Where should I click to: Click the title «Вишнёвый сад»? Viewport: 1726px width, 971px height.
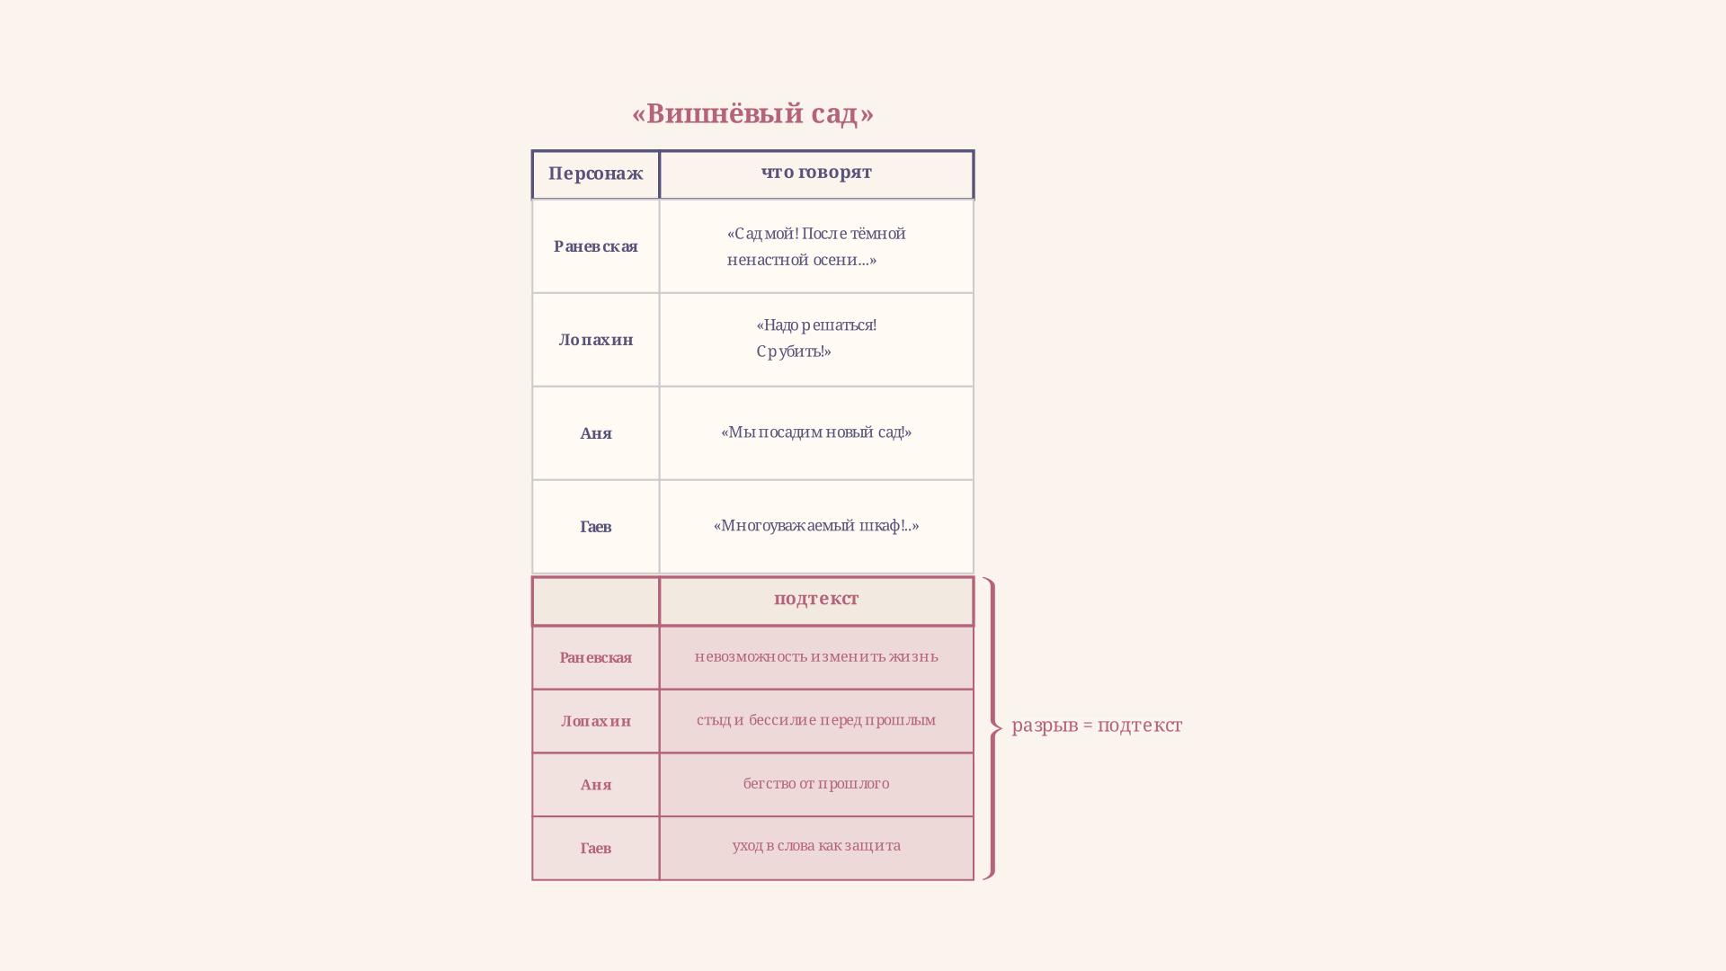click(x=752, y=114)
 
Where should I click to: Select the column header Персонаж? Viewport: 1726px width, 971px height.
click(x=596, y=174)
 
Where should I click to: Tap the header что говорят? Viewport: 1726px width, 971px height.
click(x=816, y=172)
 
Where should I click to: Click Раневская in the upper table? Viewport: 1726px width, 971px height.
click(x=596, y=246)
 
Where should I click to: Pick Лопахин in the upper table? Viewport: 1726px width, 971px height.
click(x=596, y=340)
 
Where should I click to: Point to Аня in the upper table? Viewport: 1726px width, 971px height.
click(x=596, y=433)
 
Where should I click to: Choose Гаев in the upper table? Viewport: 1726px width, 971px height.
click(x=596, y=527)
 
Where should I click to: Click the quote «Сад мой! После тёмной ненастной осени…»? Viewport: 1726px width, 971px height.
click(x=816, y=246)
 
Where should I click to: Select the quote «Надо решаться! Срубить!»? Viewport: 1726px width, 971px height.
click(x=816, y=338)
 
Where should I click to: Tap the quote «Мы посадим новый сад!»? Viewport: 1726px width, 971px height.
click(x=816, y=432)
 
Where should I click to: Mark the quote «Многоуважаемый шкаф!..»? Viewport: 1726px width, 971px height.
click(x=816, y=526)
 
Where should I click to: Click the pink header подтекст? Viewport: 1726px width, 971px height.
click(x=816, y=599)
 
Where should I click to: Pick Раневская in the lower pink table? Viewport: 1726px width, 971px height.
click(x=596, y=658)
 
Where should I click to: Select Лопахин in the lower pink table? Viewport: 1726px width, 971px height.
click(x=596, y=721)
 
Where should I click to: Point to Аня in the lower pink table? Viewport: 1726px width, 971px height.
click(x=596, y=785)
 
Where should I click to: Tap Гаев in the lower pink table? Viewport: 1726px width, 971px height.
click(x=596, y=849)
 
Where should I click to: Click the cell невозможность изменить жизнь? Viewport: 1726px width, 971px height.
click(x=816, y=656)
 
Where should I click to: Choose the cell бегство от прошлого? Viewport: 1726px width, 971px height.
click(x=816, y=784)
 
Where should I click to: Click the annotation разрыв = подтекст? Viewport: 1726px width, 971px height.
click(x=1097, y=726)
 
